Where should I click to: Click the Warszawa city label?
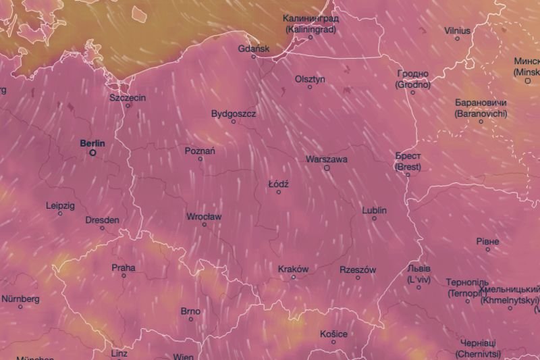327,159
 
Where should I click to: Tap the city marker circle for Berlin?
93,153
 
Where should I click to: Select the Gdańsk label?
254,49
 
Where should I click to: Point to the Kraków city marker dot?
294,277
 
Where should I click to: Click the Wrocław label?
204,217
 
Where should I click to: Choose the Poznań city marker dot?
200,159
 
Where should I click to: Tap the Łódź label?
278,184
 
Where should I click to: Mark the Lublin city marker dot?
375,218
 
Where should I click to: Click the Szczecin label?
128,97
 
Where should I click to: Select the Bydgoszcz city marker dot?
234,122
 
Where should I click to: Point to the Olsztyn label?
310,79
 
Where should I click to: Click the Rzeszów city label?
358,269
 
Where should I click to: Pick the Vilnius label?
458,30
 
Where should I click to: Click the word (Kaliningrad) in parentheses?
310,29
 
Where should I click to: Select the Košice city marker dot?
333,342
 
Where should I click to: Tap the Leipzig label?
60,205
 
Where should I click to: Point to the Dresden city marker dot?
103,228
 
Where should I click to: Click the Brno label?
190,311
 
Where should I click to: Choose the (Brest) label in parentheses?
408,166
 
